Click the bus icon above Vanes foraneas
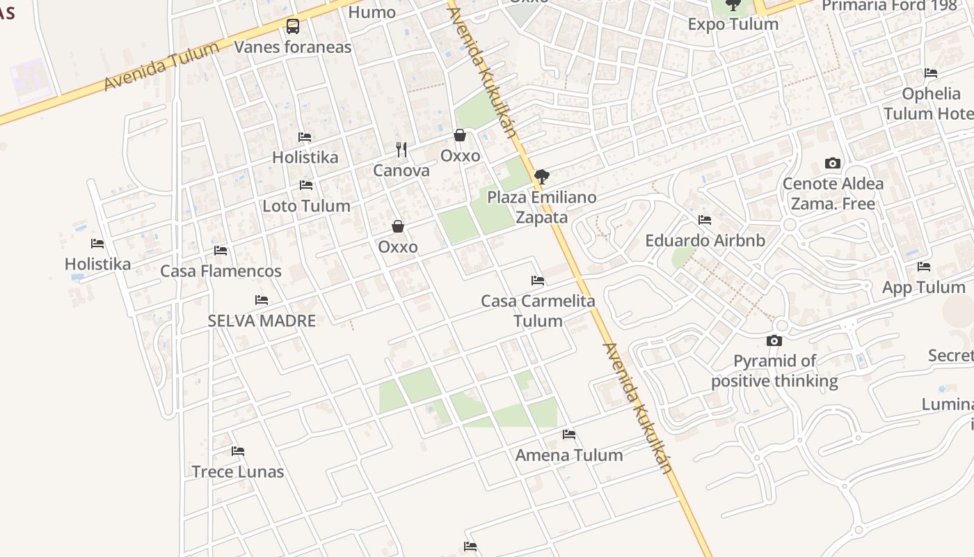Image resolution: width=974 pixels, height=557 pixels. tap(293, 26)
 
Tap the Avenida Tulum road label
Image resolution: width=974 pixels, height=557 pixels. tap(161, 65)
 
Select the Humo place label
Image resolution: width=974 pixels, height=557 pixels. tap(372, 12)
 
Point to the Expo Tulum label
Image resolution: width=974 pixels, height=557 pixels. tap(733, 24)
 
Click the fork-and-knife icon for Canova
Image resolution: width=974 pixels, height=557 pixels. tap(401, 149)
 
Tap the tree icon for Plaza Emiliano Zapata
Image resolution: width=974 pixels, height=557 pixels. tap(542, 176)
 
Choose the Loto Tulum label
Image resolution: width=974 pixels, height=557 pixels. tap(306, 206)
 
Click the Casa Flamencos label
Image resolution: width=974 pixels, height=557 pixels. tap(221, 271)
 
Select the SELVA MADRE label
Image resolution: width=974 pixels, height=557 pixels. tap(262, 321)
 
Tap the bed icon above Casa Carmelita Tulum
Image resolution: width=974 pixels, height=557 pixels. tap(538, 281)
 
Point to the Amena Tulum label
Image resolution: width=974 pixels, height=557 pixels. tap(569, 455)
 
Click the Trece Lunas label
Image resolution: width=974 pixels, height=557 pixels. tap(238, 472)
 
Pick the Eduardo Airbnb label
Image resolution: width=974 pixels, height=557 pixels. tap(705, 241)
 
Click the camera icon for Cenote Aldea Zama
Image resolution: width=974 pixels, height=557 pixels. tap(833, 164)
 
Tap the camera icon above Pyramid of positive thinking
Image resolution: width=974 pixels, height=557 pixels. tap(774, 340)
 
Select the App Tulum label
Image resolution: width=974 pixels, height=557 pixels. tap(923, 288)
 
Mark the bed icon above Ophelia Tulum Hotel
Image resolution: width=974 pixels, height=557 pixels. tap(931, 73)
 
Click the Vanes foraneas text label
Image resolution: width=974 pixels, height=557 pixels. tap(293, 47)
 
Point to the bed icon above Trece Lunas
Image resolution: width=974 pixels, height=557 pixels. tap(238, 451)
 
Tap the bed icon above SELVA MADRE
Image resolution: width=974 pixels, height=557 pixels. tap(262, 300)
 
